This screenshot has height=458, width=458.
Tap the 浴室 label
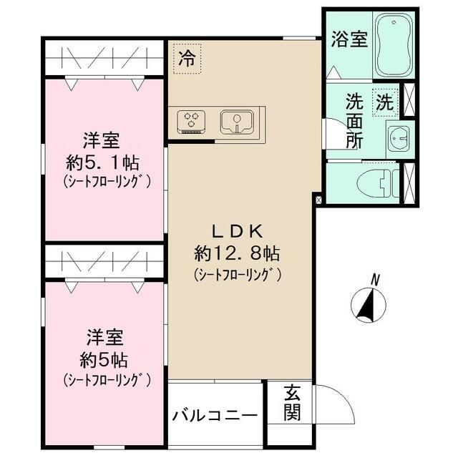click(x=349, y=39)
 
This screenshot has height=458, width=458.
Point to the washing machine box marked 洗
click(x=384, y=102)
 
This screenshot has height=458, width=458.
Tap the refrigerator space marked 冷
click(x=187, y=58)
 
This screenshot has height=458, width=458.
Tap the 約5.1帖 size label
click(x=105, y=160)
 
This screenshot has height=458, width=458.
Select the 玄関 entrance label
click(x=292, y=403)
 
